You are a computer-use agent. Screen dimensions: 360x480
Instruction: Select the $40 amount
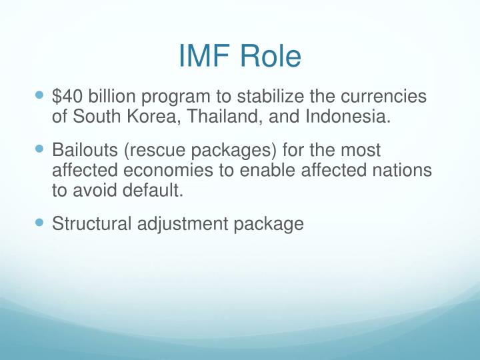67,97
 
